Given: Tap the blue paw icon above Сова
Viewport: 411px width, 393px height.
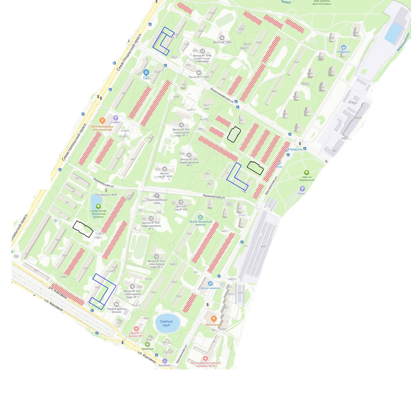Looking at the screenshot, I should [x=146, y=72].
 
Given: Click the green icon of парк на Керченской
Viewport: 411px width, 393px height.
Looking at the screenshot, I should [x=306, y=173].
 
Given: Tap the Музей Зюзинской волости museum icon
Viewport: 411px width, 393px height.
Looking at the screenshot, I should [x=200, y=218].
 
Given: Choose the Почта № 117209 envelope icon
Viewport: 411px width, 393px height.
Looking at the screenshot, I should [x=199, y=73].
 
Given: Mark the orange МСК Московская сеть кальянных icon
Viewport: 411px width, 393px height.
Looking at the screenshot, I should [x=102, y=120].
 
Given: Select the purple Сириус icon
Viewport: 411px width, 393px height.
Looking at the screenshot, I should [x=116, y=118].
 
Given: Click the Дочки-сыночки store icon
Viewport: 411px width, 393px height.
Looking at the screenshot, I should [x=210, y=283].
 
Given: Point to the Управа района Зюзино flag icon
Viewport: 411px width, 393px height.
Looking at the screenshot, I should [x=116, y=305].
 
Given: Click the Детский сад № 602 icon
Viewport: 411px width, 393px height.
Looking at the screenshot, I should [x=181, y=202].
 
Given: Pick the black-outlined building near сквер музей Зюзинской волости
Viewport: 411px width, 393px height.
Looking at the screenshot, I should [x=82, y=229].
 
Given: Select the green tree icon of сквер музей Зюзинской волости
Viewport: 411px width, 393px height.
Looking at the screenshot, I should [x=98, y=206].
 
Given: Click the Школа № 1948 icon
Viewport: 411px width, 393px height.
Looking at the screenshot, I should [x=222, y=37].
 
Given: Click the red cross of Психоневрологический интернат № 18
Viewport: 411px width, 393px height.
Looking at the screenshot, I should [x=205, y=359].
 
